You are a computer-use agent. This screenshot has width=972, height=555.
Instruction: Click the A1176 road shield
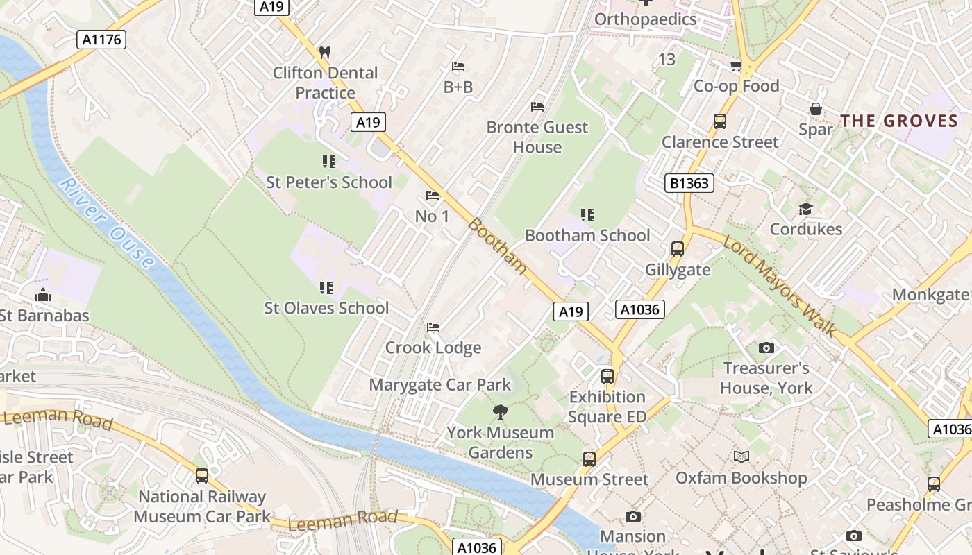pos(101,40)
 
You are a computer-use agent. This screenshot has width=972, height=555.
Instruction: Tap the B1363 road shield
pos(689,183)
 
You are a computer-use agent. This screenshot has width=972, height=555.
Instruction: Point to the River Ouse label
pos(106,223)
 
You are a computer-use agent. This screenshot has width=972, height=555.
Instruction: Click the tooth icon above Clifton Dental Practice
pos(324,52)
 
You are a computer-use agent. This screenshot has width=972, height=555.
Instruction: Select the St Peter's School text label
pos(329,182)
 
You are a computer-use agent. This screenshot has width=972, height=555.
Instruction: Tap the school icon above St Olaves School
pos(326,287)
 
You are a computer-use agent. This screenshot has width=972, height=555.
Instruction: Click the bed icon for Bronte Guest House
pos(537,107)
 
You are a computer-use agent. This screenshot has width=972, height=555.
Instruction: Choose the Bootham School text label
pos(587,236)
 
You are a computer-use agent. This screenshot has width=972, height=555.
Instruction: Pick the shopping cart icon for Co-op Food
pos(736,66)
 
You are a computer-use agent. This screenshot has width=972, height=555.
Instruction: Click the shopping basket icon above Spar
pos(816,109)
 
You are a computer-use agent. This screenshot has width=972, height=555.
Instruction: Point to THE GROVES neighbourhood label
pos(899,121)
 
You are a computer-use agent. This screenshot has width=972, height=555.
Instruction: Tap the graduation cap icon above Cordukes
pos(805,209)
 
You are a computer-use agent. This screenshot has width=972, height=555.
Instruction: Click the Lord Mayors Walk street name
pos(779,285)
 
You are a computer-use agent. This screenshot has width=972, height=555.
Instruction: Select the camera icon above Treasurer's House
pos(766,348)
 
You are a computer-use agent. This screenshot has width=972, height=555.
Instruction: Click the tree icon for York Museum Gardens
pos(500,412)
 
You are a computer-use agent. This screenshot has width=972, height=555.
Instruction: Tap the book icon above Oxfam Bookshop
pos(741,456)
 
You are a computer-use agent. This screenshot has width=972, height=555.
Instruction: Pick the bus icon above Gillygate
pos(677,249)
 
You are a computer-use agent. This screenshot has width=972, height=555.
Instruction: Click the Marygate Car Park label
pos(439,385)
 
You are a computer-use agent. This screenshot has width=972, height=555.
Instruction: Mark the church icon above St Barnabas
pos(43,295)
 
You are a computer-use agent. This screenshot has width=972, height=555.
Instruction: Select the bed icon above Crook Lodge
pos(433,327)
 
